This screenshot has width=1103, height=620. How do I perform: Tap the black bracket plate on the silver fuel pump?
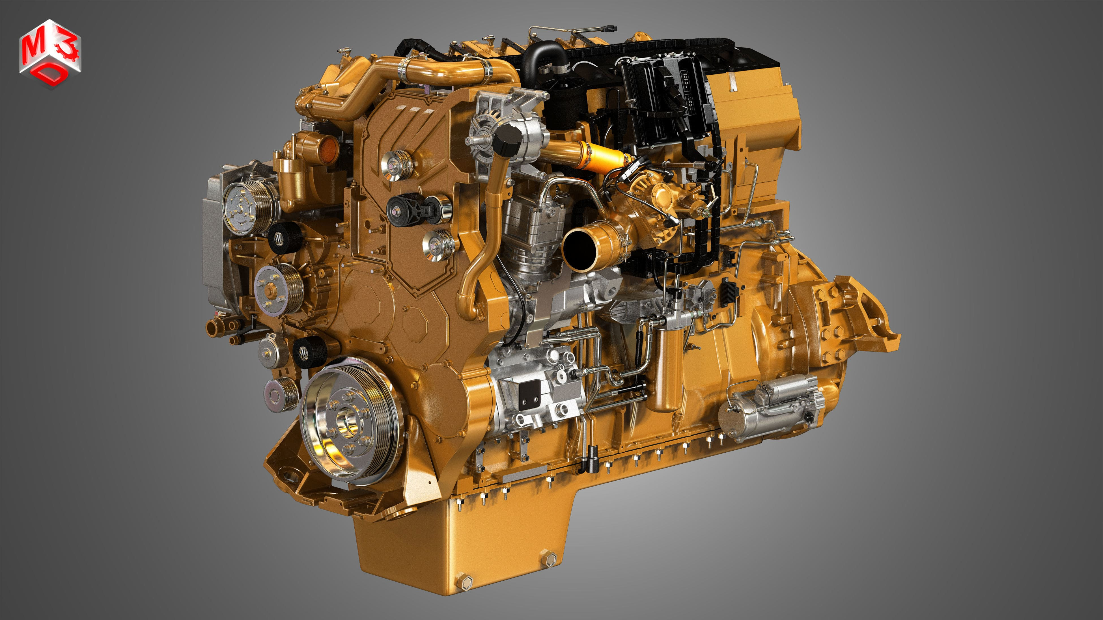(529, 394)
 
